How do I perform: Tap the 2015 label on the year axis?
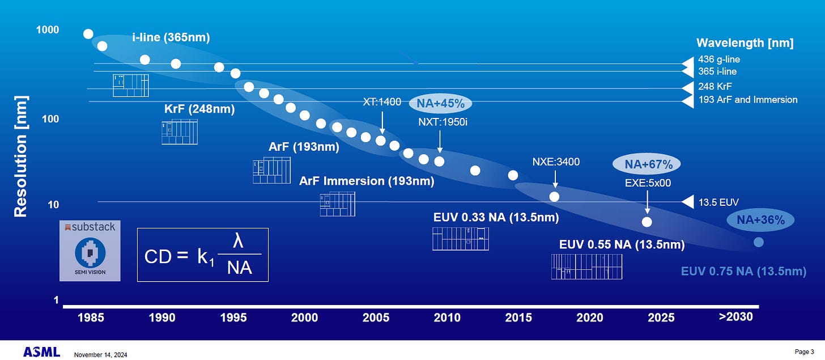point(518,317)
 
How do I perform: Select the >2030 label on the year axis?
point(735,316)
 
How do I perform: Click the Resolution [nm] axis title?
point(20,156)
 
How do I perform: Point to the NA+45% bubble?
point(440,104)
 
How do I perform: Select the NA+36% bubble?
point(760,220)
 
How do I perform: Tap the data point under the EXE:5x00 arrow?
point(647,222)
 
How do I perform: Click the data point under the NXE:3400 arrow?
point(555,196)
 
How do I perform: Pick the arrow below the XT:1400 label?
point(382,121)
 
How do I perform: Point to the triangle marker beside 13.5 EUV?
point(687,202)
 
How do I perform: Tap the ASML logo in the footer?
point(41,352)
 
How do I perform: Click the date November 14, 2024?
point(100,355)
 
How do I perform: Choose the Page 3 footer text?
point(805,352)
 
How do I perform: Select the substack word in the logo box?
point(93,227)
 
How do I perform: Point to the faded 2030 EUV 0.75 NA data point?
point(759,243)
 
